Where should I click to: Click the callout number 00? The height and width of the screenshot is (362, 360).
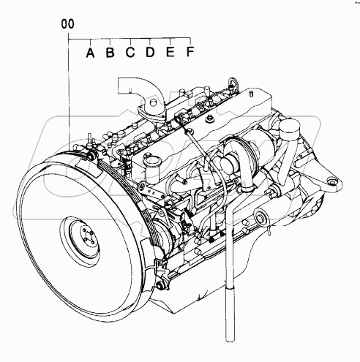pos(68,25)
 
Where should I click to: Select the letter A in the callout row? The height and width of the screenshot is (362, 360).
pos(89,52)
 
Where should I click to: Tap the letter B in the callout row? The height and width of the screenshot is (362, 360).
pos(109,52)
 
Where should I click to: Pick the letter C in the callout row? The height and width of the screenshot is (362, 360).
pos(130,52)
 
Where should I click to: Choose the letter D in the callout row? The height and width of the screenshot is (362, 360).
pos(149,52)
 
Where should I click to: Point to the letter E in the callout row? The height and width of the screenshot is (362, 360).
pos(170,52)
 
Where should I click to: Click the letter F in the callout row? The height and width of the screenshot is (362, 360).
pos(190,52)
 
